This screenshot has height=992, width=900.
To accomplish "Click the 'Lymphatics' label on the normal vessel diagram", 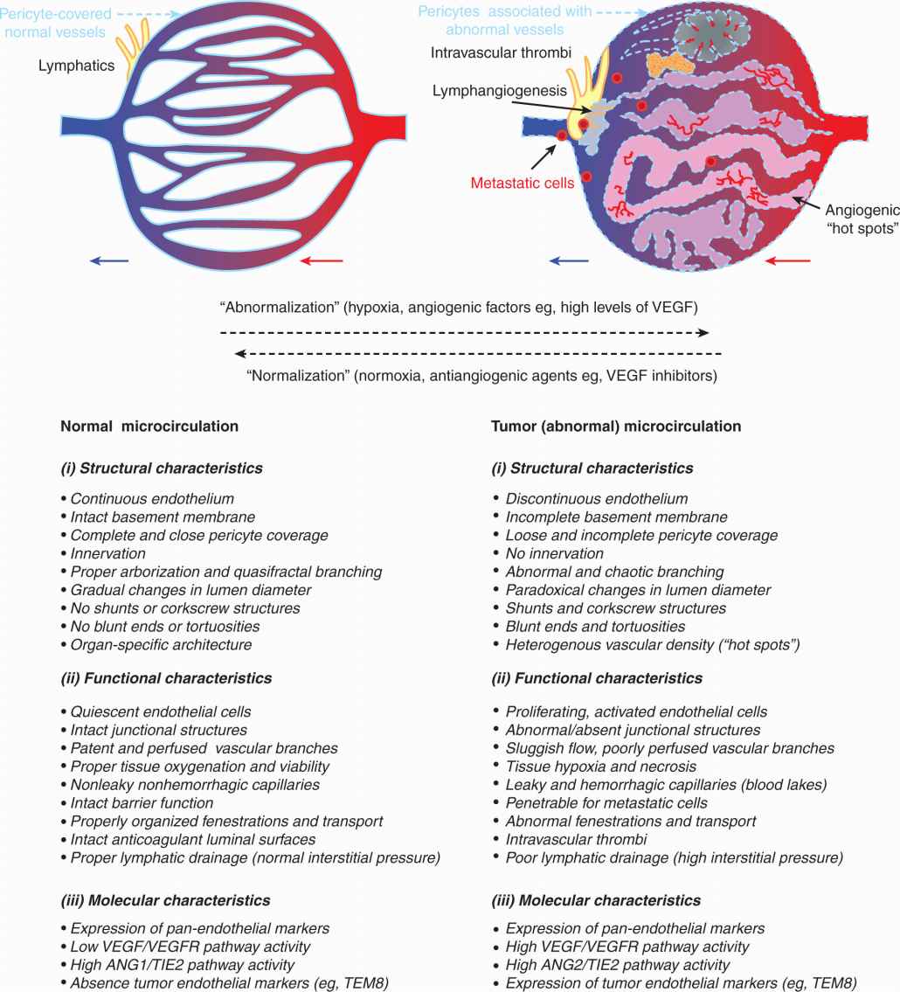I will [77, 66].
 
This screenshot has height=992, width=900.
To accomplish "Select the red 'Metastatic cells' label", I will [523, 184].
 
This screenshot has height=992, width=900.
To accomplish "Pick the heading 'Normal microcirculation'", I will [149, 427].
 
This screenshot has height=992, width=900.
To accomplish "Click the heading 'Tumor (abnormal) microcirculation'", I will [616, 427].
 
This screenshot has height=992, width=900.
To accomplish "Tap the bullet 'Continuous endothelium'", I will [152, 499].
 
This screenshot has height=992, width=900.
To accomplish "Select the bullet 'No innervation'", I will [554, 553].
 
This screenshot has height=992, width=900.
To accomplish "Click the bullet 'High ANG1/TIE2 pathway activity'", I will [182, 965].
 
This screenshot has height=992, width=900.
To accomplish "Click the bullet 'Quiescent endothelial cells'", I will [161, 711].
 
